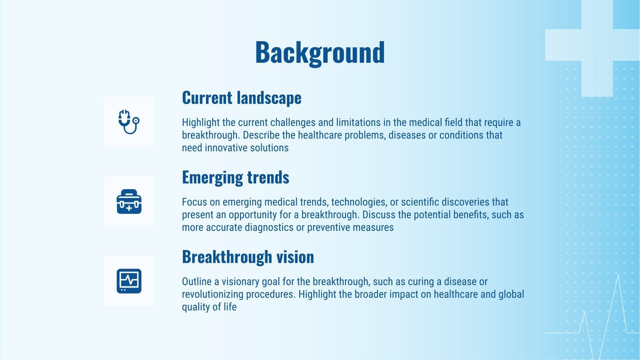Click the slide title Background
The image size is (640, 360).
pyautogui.click(x=320, y=53)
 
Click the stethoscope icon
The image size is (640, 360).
pyautogui.click(x=129, y=122)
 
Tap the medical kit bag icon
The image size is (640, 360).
pyautogui.click(x=129, y=202)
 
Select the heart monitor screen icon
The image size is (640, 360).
pyautogui.click(x=129, y=281)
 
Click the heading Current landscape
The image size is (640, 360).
pyautogui.click(x=242, y=98)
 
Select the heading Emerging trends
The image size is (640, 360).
pyautogui.click(x=235, y=178)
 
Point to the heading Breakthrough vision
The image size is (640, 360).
pyautogui.click(x=248, y=257)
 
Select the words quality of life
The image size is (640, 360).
pyautogui.click(x=209, y=307)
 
